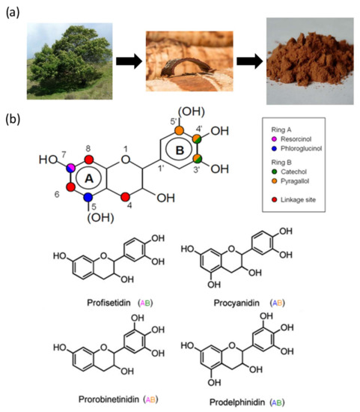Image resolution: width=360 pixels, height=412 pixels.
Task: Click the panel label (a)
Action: [x=15, y=10]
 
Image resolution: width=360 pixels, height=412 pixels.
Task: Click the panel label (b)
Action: [x=15, y=118]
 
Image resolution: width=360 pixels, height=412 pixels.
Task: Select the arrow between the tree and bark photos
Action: [x=125, y=59]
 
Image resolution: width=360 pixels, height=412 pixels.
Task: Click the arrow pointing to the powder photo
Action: [x=245, y=59]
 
